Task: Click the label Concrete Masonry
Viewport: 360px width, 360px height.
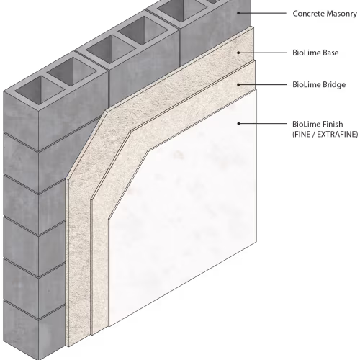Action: [325, 14]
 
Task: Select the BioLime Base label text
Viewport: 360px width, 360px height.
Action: [315, 53]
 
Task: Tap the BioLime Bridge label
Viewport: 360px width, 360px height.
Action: [319, 85]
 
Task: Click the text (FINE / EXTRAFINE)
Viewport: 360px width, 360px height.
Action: [325, 135]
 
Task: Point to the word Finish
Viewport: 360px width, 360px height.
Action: [333, 124]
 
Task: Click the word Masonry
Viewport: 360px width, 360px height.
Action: [342, 14]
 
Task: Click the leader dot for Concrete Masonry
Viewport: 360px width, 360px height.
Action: [238, 13]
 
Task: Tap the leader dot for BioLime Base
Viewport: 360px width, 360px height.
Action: [238, 53]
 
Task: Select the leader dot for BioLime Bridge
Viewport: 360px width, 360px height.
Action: [238, 84]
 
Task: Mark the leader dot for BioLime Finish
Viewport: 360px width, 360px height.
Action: [238, 124]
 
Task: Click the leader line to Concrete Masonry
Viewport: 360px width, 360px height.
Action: [263, 13]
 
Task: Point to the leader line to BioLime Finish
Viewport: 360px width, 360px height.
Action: [263, 124]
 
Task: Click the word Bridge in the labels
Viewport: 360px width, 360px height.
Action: [333, 85]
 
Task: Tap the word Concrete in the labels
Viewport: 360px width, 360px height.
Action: [309, 14]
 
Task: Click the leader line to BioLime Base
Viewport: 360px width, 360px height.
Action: [263, 53]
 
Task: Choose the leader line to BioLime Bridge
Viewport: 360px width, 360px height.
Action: [263, 84]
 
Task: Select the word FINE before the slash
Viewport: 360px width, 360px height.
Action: [302, 135]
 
